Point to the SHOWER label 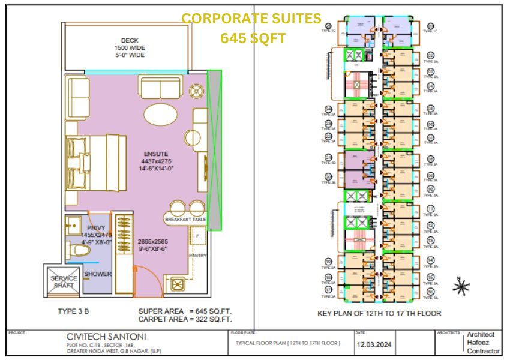coord(98,274)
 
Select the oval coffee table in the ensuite coord(160,113)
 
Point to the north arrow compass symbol coord(461,287)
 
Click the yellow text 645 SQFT coord(253,38)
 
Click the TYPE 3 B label coord(74,313)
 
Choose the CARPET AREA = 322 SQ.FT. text coord(185,320)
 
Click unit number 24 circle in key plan coord(328,110)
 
